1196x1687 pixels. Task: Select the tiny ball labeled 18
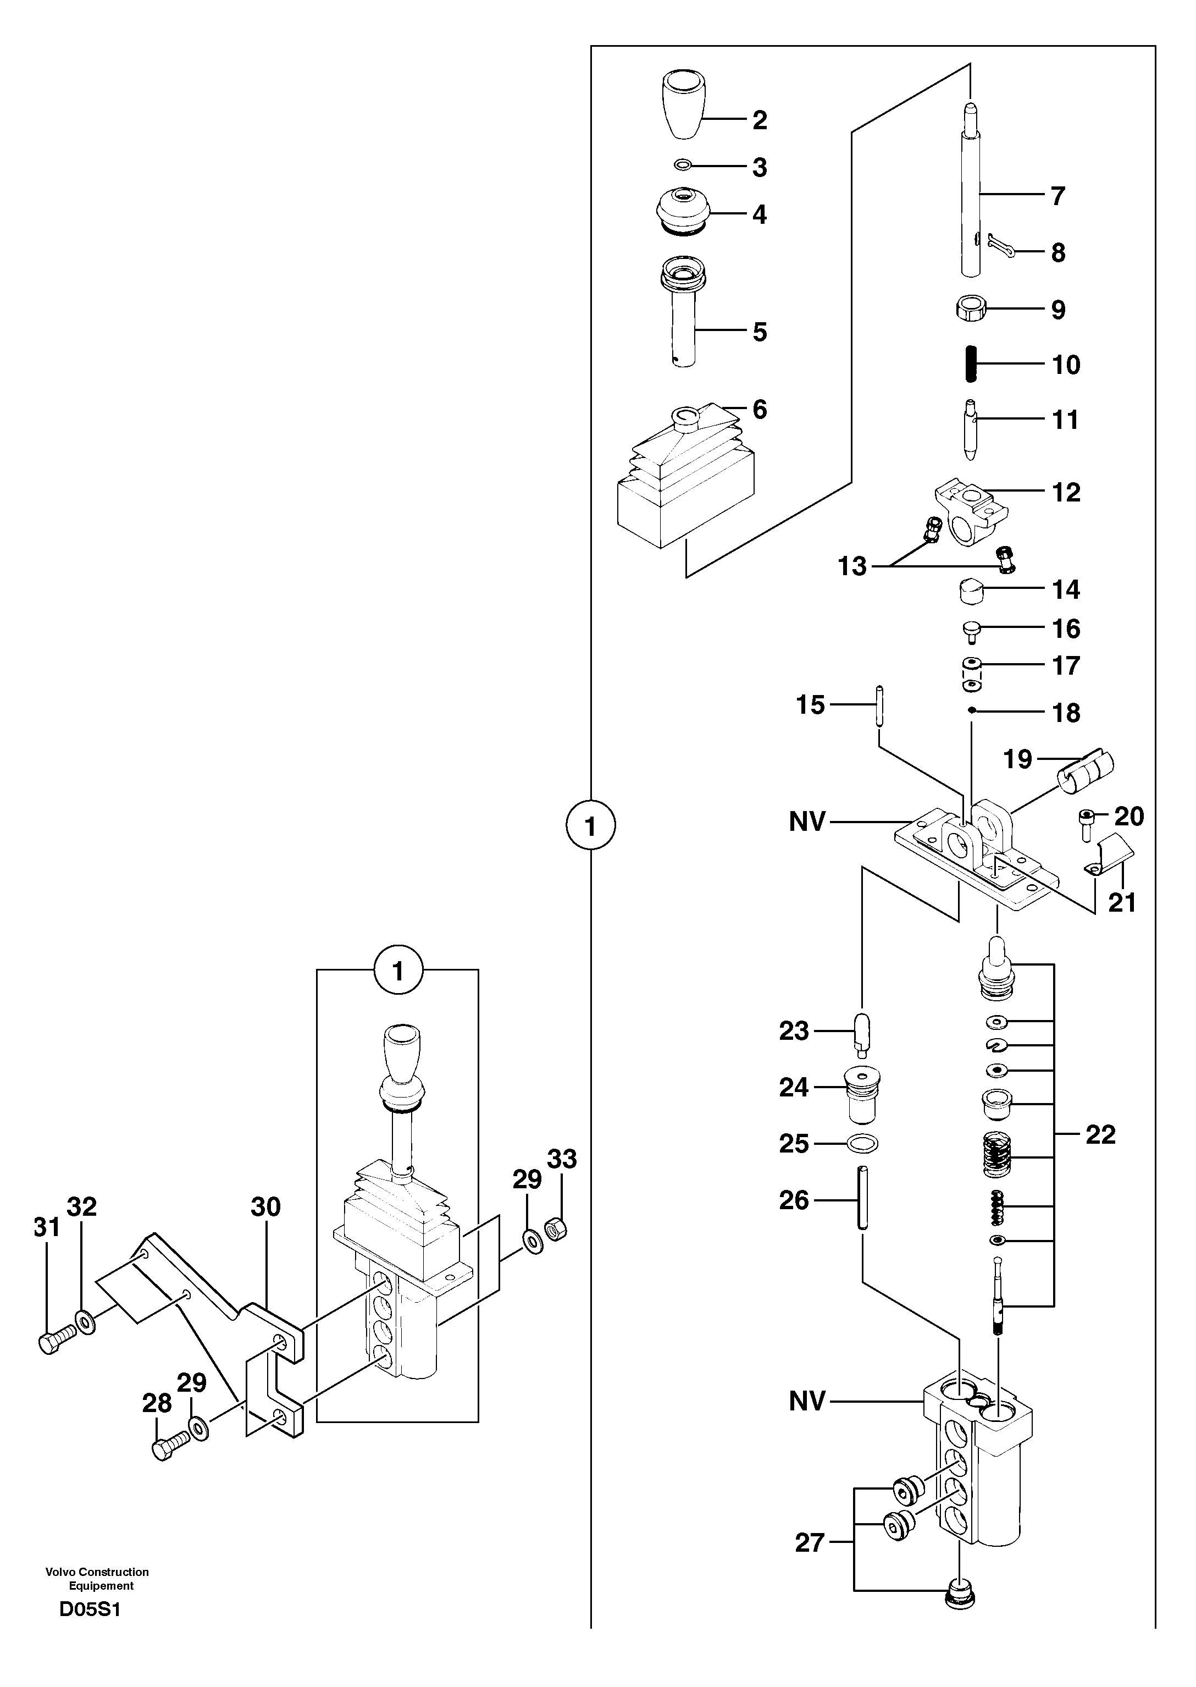tap(972, 710)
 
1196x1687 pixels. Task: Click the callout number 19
tap(1018, 759)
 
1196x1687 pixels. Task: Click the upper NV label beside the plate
tap(807, 822)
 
